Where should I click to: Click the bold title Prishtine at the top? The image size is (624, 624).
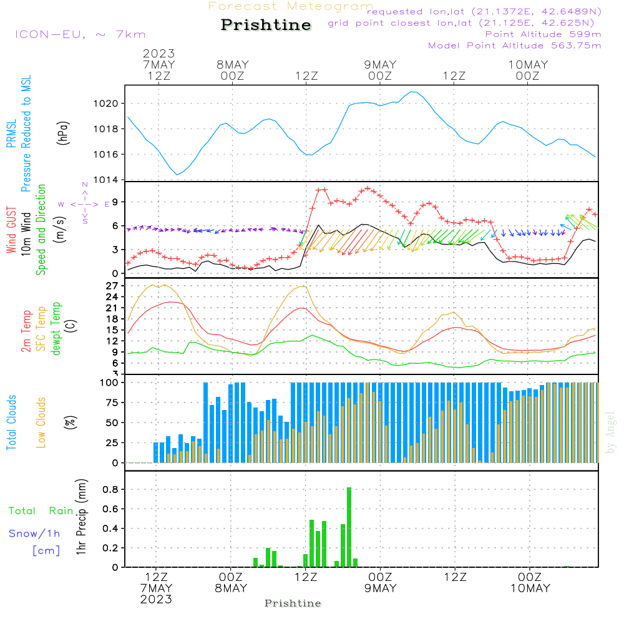[x=266, y=25]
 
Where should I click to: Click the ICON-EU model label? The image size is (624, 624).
[x=80, y=34]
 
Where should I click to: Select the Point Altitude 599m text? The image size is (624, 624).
[x=543, y=34]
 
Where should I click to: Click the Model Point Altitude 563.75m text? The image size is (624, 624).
[x=515, y=46]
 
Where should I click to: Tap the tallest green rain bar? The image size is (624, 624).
[x=349, y=527]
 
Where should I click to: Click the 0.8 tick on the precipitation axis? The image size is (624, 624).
[x=111, y=489]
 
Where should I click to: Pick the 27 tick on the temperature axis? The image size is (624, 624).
[x=113, y=285]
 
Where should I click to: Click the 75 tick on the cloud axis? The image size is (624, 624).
[x=110, y=402]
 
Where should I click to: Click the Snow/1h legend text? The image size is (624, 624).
[x=34, y=534]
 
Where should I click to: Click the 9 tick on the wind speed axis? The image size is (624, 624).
[x=115, y=202]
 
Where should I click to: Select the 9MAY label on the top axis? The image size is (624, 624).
[x=380, y=64]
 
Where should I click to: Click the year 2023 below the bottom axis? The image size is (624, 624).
[x=155, y=600]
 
